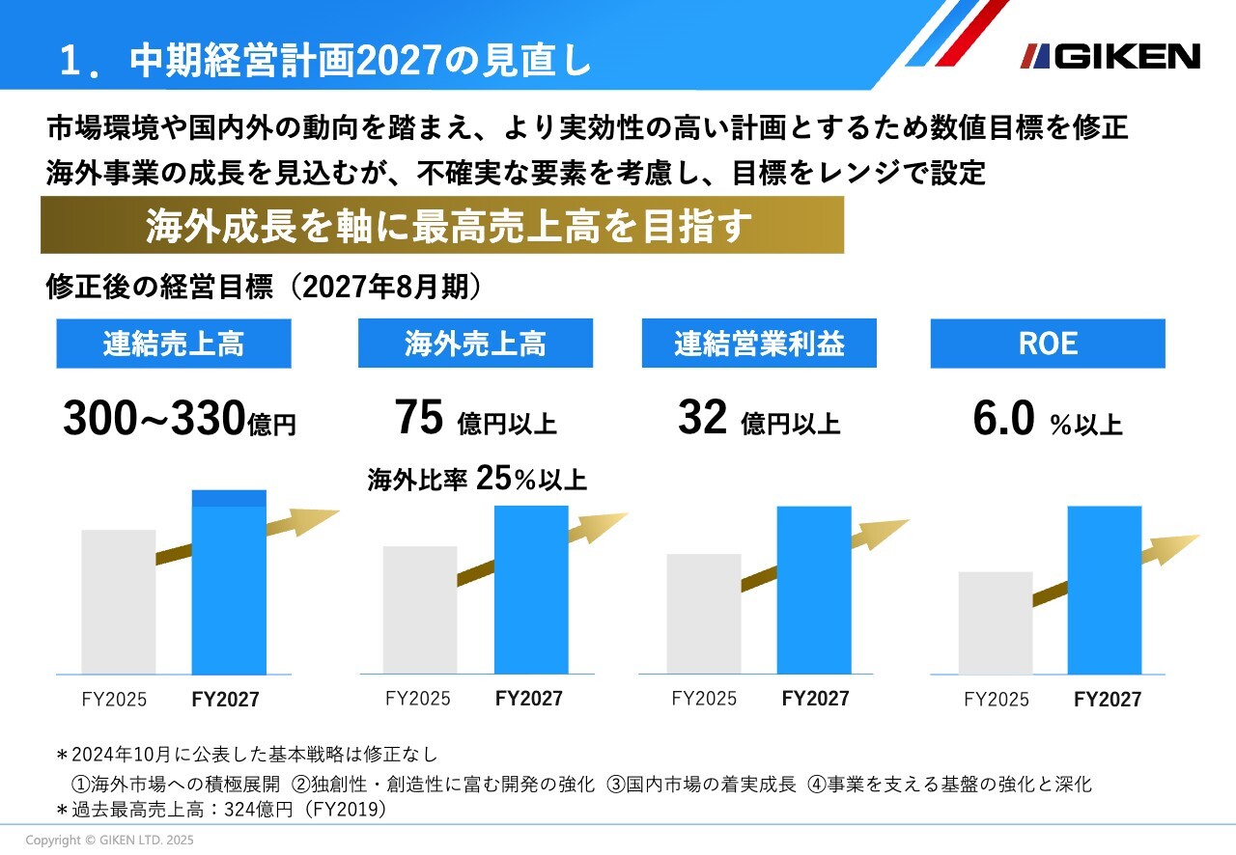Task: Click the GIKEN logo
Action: [1110, 56]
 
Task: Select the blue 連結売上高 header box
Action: [174, 344]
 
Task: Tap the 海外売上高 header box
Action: [475, 344]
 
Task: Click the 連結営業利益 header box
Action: [759, 344]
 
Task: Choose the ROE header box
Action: [1048, 344]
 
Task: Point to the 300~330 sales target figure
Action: [154, 419]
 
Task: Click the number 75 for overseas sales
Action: [419, 418]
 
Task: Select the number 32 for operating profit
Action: [702, 418]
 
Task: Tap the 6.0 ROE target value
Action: [1004, 420]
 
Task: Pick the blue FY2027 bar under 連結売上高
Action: [229, 584]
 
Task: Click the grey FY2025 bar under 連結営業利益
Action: [703, 613]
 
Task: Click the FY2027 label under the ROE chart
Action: [1107, 700]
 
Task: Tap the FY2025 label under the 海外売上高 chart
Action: [417, 698]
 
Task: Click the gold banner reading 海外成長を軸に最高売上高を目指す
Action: [442, 226]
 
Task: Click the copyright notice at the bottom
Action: [109, 841]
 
